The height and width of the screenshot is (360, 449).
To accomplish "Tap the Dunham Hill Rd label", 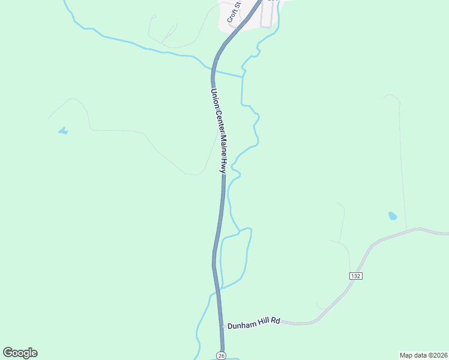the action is click(x=254, y=322).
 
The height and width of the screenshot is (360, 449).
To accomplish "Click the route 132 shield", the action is click(x=355, y=275).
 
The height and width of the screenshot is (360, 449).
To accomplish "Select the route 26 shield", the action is click(x=221, y=355).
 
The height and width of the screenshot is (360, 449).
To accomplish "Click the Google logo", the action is click(x=20, y=353).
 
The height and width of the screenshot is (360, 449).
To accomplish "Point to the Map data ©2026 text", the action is click(x=423, y=355).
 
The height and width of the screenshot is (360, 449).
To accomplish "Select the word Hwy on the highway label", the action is click(x=223, y=166).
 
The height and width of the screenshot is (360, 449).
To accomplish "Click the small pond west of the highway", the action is click(x=63, y=130).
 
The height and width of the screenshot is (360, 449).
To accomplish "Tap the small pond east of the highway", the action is click(x=393, y=215).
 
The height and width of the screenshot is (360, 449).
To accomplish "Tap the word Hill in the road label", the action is click(x=264, y=322).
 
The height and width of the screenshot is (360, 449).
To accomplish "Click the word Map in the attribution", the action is click(x=407, y=355).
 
